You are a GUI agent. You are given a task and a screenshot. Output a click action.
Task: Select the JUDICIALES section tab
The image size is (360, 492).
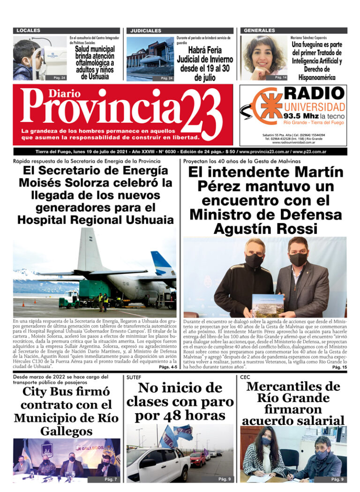(x=146, y=30)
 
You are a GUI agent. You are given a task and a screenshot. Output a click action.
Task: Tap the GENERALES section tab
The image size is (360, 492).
(x=259, y=30)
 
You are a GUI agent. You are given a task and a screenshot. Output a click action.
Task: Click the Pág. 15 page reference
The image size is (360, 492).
(x=339, y=367)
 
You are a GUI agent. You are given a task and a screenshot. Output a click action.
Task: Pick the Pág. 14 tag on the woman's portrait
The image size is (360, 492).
(x=281, y=77)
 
